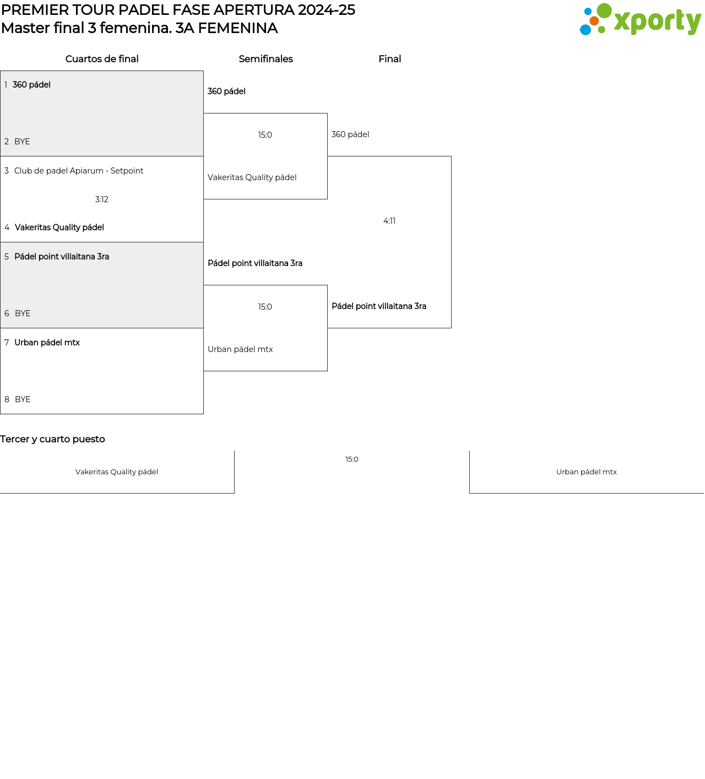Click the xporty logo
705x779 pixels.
coord(640,19)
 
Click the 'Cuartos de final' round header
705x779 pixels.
coord(102,59)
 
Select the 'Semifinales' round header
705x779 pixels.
coord(265,59)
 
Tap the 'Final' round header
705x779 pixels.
coord(389,59)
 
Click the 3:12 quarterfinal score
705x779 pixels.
coord(102,199)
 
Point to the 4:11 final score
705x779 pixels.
coord(389,221)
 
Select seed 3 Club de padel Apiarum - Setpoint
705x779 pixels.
coord(74,171)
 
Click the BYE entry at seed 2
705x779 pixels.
coord(17,142)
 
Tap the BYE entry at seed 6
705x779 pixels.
coord(18,313)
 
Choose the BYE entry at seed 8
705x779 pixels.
coord(18,399)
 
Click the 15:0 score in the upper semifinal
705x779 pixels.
coord(265,135)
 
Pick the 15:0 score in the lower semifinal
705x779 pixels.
coord(265,307)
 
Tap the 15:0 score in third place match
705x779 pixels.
coord(352,459)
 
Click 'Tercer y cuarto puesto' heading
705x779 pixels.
coord(52,439)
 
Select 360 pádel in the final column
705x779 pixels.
coord(350,134)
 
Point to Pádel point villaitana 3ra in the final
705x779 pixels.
coord(379,306)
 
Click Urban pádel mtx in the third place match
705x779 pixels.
coord(587,472)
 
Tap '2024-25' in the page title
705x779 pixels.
coord(327,10)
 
